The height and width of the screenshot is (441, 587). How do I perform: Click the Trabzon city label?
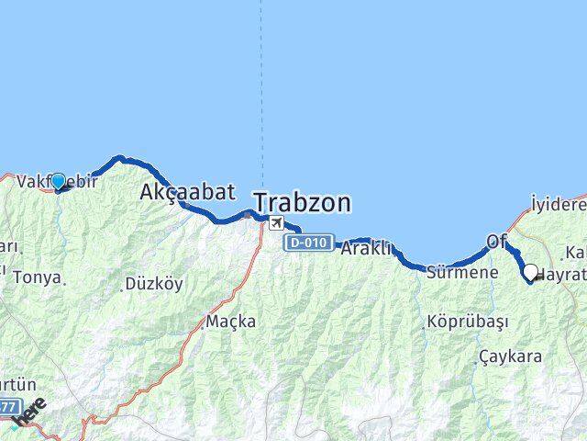[x=302, y=202]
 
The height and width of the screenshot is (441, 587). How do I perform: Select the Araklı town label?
[x=367, y=248]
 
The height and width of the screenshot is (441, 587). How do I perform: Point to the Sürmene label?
[x=462, y=272]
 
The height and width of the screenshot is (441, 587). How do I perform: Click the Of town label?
[x=496, y=241]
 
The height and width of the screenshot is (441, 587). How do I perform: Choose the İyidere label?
[x=559, y=203]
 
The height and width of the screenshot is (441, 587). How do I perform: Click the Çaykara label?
[x=510, y=356]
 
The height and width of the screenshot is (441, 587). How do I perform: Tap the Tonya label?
[x=37, y=277]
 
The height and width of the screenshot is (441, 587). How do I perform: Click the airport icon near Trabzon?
[x=275, y=222]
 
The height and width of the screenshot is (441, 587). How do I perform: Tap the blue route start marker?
[x=58, y=182]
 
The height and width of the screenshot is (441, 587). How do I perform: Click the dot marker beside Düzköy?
[x=122, y=288]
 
